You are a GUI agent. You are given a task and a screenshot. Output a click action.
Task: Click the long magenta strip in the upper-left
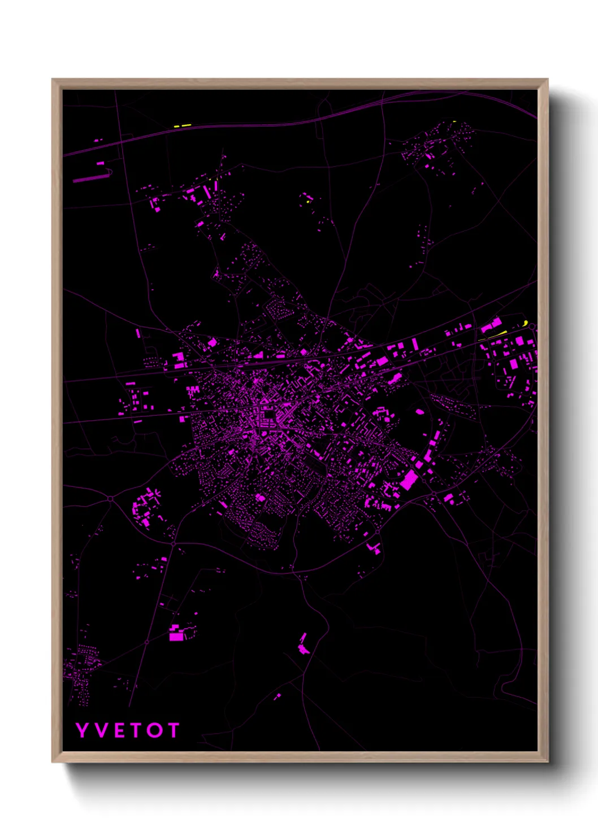pyautogui.click(x=90, y=178)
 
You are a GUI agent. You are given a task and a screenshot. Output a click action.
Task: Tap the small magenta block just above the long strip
pyautogui.click(x=100, y=163)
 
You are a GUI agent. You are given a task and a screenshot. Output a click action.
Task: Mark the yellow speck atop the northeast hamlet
pyautogui.click(x=454, y=121)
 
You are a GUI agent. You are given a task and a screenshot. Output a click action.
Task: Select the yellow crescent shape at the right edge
pyautogui.click(x=526, y=323)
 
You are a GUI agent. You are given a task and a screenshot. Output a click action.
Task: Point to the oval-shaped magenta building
pyautogui.click(x=419, y=412)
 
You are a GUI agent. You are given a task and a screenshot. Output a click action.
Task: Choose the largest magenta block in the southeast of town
pyautogui.click(x=409, y=480)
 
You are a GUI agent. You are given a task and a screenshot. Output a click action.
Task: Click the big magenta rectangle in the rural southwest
pyautogui.click(x=176, y=636)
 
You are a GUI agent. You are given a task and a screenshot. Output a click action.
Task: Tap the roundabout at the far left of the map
pyautogui.click(x=110, y=498)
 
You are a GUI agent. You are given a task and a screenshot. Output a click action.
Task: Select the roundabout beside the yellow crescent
pyautogui.click(x=532, y=326)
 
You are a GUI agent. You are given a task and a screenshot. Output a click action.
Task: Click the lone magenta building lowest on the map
pyautogui.click(x=278, y=696)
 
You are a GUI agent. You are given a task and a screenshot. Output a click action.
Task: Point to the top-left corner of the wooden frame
pyautogui.click(x=53, y=80)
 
